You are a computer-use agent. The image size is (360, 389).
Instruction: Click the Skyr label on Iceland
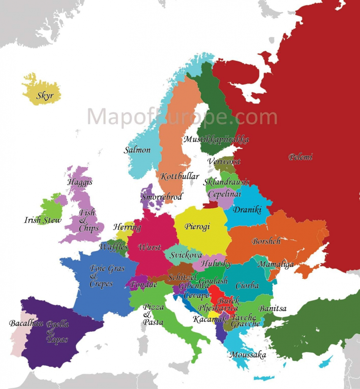(45, 95)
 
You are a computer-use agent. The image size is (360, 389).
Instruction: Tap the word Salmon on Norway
(137, 150)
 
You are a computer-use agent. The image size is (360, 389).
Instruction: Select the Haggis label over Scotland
(80, 182)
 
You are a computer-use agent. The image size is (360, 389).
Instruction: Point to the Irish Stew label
(43, 220)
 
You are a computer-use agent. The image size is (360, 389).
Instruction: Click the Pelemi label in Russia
(300, 157)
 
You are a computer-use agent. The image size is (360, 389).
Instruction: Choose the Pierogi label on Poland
(197, 226)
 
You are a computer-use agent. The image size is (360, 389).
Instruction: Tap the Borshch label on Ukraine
(266, 241)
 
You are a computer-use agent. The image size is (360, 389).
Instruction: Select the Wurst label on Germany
(149, 247)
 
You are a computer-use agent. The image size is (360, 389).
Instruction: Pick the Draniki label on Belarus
(247, 210)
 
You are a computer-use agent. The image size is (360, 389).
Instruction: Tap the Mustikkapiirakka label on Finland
(216, 139)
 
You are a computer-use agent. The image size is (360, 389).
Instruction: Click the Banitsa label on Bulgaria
(272, 308)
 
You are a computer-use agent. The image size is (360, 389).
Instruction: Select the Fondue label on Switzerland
(143, 284)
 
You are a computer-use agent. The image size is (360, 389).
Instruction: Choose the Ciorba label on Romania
(247, 286)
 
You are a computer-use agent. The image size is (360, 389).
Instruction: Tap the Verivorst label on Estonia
(224, 161)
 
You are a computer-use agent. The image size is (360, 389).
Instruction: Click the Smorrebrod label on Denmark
(162, 197)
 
